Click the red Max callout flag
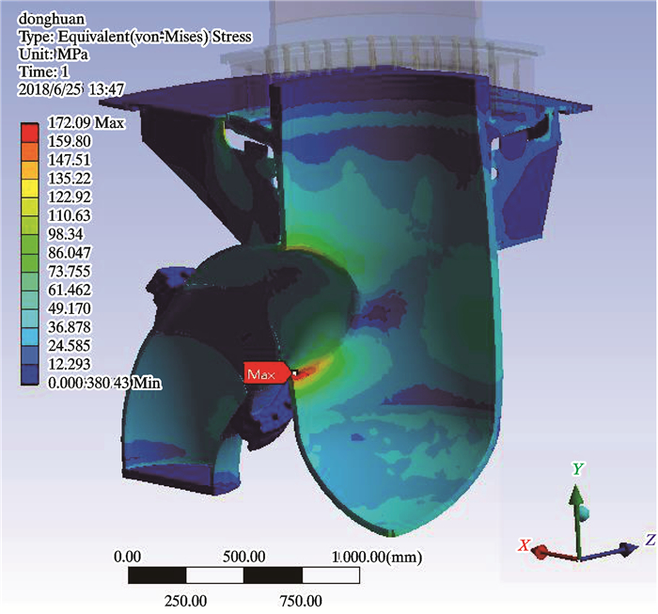tap(267, 372)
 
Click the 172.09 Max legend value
tap(86, 123)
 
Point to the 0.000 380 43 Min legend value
tap(104, 383)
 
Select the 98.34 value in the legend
tap(66, 234)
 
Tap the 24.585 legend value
tap(70, 345)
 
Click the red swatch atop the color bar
tap(29, 133)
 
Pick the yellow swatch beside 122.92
tap(29, 197)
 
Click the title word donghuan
tap(52, 19)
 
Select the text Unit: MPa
tap(54, 55)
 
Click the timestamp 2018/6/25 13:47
tap(70, 89)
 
